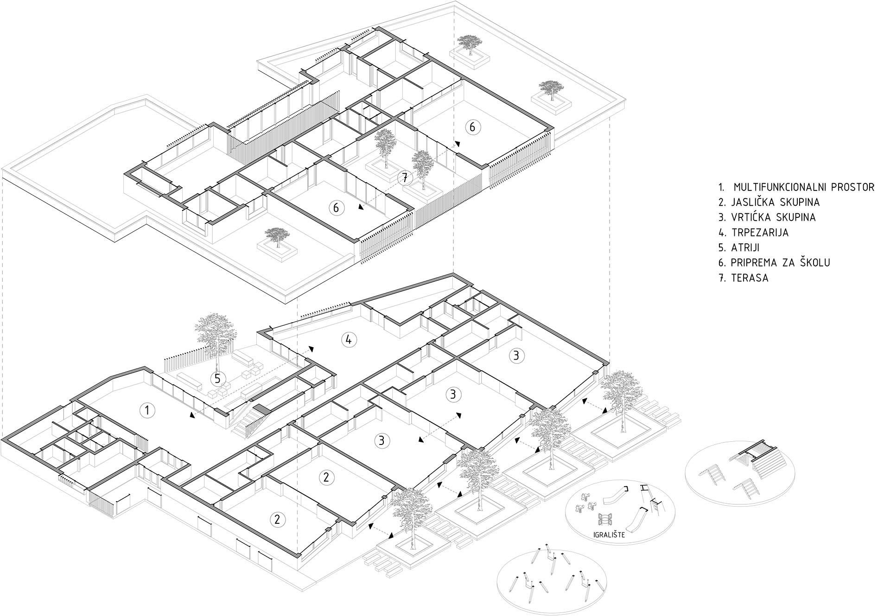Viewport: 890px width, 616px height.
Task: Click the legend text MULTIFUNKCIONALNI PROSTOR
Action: click(x=804, y=187)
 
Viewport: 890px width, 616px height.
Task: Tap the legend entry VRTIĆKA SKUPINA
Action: click(x=773, y=217)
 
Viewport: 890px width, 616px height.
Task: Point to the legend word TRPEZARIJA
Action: click(x=759, y=232)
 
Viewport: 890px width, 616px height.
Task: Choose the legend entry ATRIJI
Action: click(x=746, y=248)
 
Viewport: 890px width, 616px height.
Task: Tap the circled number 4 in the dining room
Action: click(x=349, y=340)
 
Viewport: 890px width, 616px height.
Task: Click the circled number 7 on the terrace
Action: click(x=405, y=178)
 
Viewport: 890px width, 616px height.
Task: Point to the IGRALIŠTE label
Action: click(x=609, y=535)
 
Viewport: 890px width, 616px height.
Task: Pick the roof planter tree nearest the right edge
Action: click(x=551, y=89)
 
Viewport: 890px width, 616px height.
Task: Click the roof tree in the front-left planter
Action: click(x=277, y=236)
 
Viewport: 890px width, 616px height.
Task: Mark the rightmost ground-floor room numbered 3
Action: click(x=516, y=356)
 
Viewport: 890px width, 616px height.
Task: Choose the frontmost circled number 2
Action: click(x=277, y=519)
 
